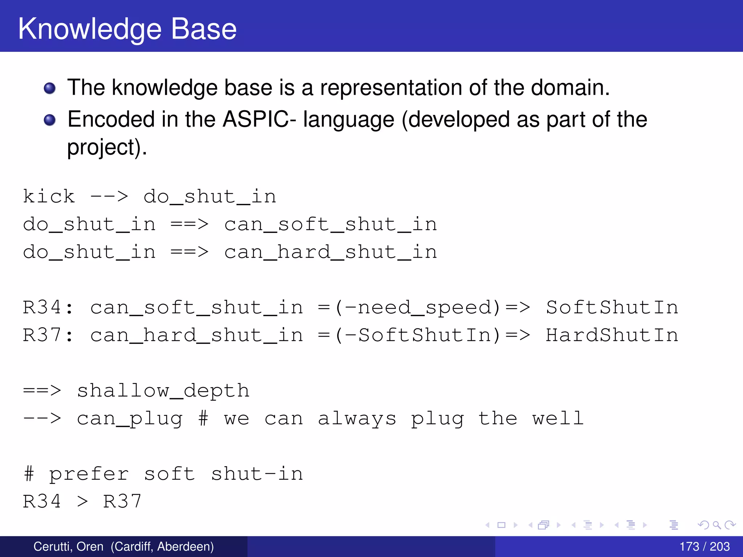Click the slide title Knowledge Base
(x=127, y=29)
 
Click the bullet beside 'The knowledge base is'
(x=50, y=88)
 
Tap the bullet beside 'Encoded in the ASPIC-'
(x=50, y=120)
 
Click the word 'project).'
(x=107, y=148)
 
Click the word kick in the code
(x=49, y=197)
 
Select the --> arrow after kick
(x=109, y=197)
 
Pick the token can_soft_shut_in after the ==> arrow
(x=331, y=224)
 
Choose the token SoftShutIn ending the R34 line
(x=612, y=308)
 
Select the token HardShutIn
(x=612, y=335)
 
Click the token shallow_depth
(x=163, y=391)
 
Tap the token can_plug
(x=130, y=418)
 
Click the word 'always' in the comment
(x=357, y=418)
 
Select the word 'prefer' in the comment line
(x=89, y=474)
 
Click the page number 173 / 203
(x=704, y=546)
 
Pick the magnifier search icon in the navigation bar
(x=717, y=525)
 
